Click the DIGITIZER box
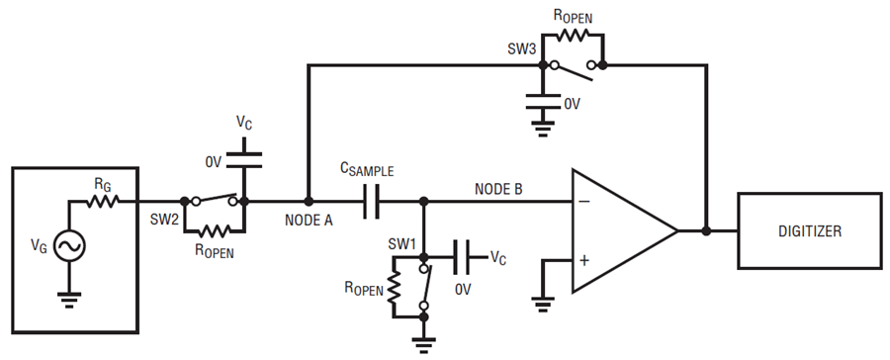(x=809, y=230)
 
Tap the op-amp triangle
(x=624, y=230)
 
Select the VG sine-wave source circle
(x=69, y=246)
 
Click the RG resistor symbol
(x=103, y=201)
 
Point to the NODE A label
(x=309, y=221)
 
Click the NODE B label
(x=498, y=189)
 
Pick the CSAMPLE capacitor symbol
(x=371, y=202)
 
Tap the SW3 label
(x=521, y=48)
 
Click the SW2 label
(x=164, y=220)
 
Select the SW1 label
(x=402, y=243)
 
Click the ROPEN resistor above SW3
(x=573, y=35)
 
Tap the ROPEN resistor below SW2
(x=214, y=231)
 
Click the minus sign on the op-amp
(x=584, y=201)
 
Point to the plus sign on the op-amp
(x=584, y=261)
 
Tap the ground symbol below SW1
(x=423, y=344)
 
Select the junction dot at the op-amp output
(x=707, y=230)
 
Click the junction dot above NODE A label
(x=309, y=201)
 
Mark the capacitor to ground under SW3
(x=543, y=101)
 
